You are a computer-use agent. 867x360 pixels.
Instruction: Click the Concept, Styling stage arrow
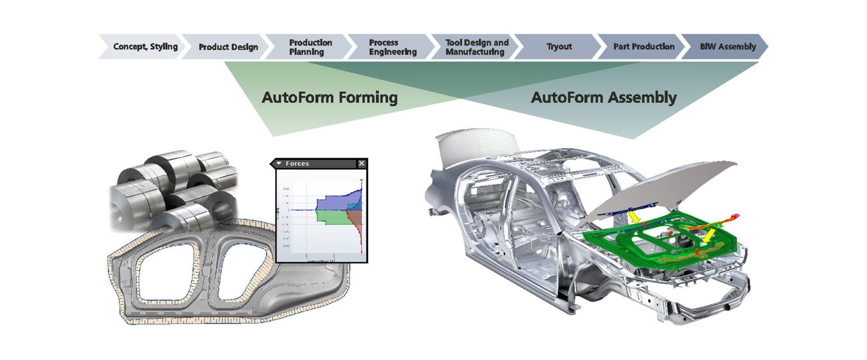144,47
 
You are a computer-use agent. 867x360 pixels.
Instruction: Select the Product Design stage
228,47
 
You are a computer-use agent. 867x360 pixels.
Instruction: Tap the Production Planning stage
310,47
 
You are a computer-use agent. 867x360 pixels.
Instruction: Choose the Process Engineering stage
392,47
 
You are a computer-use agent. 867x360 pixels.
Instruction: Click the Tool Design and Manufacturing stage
476,47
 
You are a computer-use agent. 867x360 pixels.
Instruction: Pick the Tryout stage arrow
559,47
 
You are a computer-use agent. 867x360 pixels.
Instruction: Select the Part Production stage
643,47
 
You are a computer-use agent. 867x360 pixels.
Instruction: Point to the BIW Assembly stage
727,47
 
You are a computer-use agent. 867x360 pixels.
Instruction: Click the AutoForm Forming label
330,98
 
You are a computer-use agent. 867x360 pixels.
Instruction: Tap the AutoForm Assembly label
603,98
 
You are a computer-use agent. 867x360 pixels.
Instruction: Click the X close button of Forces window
361,164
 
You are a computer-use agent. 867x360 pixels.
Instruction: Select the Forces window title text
297,164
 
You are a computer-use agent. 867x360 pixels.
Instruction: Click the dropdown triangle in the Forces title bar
279,164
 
